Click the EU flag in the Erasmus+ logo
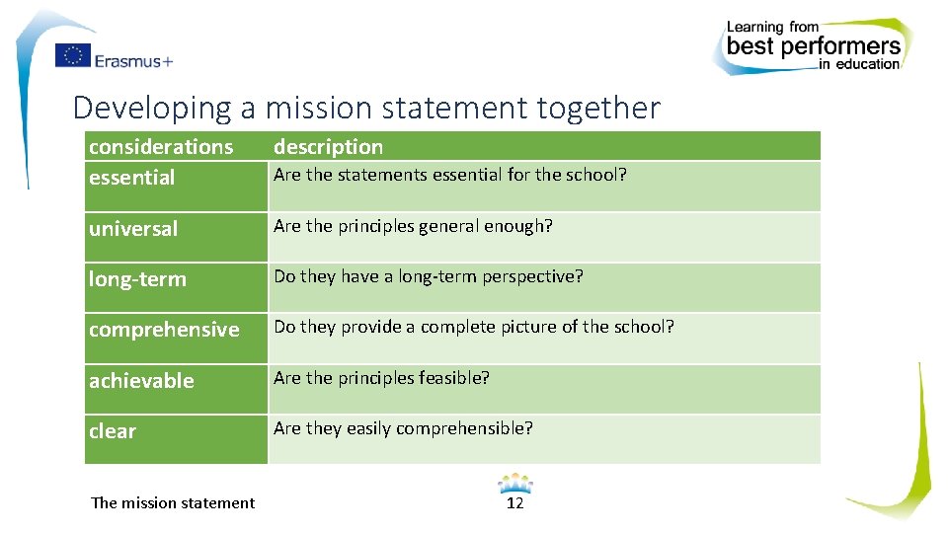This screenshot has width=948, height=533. [72, 56]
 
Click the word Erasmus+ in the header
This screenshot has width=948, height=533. [133, 60]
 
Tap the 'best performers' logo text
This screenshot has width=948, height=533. [814, 45]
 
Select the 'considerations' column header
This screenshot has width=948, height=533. [161, 146]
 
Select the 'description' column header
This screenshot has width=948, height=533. [328, 146]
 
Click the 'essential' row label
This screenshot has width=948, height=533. [131, 178]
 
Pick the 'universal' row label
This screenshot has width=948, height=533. [133, 228]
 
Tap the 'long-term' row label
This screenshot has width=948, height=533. [137, 279]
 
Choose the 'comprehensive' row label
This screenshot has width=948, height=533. [164, 330]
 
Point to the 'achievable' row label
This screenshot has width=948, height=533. [141, 380]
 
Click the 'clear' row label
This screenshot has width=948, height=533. [113, 431]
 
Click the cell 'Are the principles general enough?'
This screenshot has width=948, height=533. [413, 226]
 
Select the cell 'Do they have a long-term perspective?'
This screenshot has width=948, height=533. [429, 276]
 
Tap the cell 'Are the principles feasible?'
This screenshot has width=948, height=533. [381, 378]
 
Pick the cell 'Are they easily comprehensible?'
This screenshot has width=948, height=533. [403, 428]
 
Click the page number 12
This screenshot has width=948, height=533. [514, 503]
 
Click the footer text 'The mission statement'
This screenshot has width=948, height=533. [173, 502]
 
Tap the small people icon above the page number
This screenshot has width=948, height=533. [514, 484]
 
